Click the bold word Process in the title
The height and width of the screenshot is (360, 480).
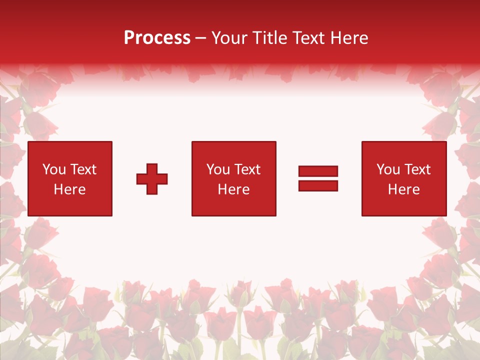157,38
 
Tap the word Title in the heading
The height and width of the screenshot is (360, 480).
269,38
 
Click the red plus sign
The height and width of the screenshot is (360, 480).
152,179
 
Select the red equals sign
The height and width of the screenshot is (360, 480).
318,178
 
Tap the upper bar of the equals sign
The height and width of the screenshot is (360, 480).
318,171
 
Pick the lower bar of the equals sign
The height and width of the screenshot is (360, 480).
318,185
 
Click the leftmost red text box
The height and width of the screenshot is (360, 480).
70,178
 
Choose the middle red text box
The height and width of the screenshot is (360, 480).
233,178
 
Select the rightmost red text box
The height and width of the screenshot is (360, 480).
404,178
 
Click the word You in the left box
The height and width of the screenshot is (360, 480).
54,169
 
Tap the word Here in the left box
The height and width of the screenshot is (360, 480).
70,189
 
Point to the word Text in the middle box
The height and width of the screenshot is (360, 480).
247,169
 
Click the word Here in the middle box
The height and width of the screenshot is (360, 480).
233,189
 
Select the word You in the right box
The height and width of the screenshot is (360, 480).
388,169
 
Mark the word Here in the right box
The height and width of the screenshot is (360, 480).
404,189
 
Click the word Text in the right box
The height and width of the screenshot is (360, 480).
417,169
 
